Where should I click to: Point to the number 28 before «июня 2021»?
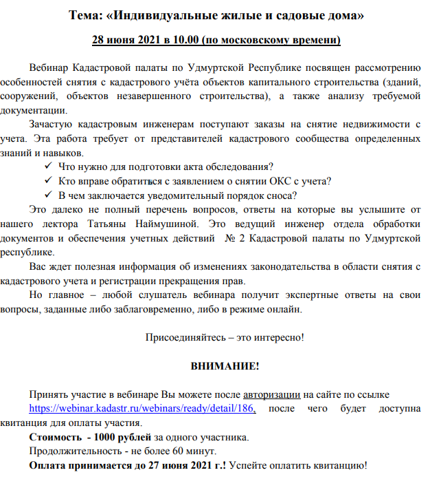98,39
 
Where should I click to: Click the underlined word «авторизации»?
272,394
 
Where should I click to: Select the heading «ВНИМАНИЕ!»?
225,365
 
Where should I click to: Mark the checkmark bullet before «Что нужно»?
48,167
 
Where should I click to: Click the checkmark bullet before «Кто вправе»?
48,181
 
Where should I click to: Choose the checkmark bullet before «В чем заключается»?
48,195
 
